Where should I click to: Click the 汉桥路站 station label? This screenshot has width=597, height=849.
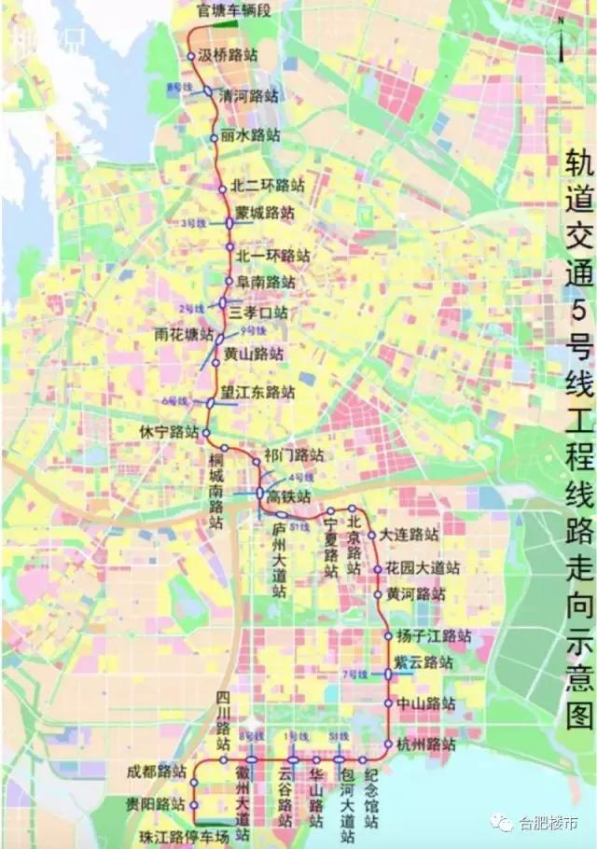(x=229, y=55)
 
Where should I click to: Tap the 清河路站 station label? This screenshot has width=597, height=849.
(x=248, y=95)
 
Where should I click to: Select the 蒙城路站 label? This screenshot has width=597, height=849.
(x=265, y=213)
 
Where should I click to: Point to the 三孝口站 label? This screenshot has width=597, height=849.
(x=258, y=311)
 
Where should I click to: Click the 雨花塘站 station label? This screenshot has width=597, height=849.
(x=185, y=333)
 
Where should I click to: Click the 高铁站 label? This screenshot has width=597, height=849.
(x=289, y=495)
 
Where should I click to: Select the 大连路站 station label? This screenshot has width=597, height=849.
(x=409, y=536)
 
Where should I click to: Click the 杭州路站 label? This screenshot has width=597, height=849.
(x=425, y=745)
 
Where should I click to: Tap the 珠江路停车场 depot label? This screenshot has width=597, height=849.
(x=184, y=836)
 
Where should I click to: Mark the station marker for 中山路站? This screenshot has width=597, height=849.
(x=389, y=703)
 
